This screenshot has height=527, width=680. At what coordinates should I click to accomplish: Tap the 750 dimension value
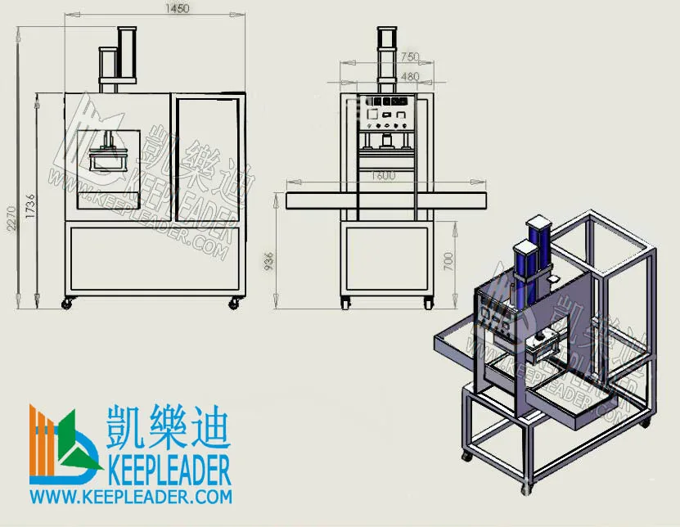pos(409,57)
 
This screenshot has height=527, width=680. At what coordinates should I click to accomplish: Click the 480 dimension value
pos(410,77)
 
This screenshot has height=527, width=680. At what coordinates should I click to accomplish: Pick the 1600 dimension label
pos(382,175)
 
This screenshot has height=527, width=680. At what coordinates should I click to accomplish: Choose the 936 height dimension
pos(270,260)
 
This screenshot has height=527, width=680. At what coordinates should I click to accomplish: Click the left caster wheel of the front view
pos(67,304)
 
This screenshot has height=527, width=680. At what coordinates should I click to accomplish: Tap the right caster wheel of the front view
pos(234,303)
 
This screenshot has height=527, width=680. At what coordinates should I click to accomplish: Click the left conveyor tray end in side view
pos(309,201)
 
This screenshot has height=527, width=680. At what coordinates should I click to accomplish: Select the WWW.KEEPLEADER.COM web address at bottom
pos(131,496)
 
